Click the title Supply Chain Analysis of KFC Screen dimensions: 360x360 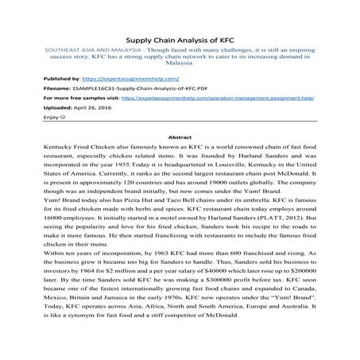click(x=180, y=40)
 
